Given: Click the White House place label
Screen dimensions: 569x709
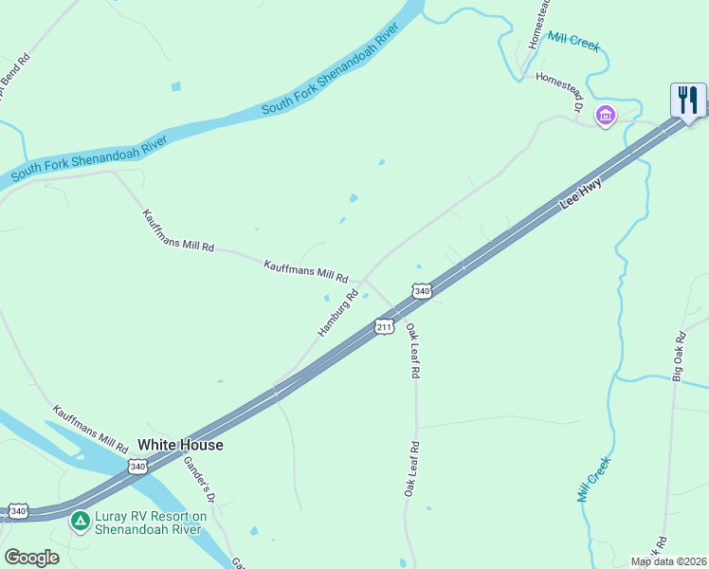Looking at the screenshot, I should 180,445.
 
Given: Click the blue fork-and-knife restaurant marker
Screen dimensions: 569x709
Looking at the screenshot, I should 688,101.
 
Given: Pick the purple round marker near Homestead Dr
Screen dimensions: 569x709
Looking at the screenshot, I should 605,116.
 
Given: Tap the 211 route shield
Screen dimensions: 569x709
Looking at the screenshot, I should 384,327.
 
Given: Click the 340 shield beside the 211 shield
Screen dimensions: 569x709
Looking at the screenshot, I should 422,290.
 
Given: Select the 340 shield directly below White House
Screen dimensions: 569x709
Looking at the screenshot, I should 138,467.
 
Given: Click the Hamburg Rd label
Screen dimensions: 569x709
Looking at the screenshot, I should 338,313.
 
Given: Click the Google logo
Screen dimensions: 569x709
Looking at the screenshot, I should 31,558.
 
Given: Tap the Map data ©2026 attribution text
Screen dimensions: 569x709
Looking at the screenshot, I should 668,561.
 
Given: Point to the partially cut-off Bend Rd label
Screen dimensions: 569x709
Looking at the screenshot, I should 14,75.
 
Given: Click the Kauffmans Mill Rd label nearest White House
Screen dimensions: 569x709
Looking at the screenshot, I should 91,429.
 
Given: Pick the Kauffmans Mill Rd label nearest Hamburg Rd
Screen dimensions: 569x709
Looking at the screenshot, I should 306,270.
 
